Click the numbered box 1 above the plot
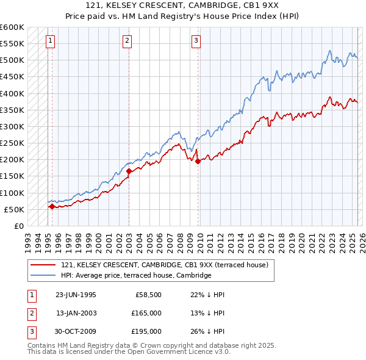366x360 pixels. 49,41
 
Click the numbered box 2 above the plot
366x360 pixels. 127,41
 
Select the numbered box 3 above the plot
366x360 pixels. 196,41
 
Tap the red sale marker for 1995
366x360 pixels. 52,206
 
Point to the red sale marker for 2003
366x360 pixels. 129,171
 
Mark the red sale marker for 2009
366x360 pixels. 198,161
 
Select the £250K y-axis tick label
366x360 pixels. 12,143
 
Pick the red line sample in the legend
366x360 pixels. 43,265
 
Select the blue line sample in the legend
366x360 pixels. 43,275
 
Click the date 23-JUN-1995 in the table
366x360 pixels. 76,295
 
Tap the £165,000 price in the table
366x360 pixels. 147,313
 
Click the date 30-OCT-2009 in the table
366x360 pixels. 76,331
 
